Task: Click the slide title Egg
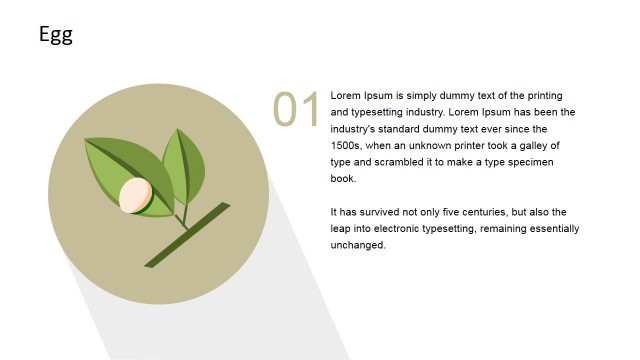56,35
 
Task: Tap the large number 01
297,109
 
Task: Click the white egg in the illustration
135,195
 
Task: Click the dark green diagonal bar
187,235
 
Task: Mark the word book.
343,179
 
